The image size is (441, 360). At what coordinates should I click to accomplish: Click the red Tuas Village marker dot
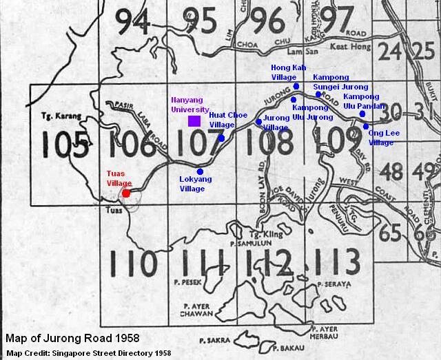126,193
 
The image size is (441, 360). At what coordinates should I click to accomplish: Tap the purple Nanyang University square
194,121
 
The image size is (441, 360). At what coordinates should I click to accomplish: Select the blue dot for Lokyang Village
200,171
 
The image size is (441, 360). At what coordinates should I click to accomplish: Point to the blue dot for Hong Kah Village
296,87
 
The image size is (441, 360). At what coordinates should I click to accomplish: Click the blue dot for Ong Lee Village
366,126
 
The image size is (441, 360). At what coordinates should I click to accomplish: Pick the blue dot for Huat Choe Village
221,138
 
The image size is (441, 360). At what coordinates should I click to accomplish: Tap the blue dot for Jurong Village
259,122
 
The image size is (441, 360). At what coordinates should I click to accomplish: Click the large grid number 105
64,145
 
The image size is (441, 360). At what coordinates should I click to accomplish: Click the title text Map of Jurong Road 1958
72,339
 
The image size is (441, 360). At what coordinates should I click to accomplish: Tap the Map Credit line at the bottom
89,352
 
